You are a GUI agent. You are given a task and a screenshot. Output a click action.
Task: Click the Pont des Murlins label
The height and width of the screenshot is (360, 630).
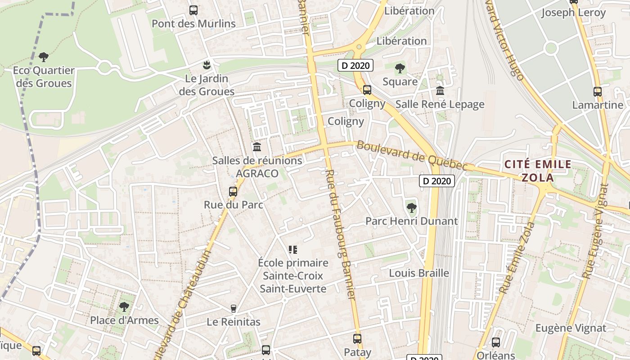click(193, 23)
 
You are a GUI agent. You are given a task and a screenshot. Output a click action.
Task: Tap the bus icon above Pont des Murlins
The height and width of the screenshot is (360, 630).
click(193, 10)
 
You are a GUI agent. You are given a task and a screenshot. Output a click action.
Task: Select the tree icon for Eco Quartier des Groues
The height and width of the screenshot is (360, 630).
click(44, 57)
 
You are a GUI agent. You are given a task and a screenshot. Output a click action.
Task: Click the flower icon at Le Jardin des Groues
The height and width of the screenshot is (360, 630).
click(207, 65)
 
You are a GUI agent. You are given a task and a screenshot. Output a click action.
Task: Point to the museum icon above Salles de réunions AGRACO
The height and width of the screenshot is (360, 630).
click(257, 147)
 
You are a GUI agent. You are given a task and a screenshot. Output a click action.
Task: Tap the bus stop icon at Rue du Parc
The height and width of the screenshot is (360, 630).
click(233, 191)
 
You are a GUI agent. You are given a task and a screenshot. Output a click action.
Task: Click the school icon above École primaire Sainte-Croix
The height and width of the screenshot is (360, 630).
click(293, 249)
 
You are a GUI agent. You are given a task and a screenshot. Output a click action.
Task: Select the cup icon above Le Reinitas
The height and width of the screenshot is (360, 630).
click(233, 308)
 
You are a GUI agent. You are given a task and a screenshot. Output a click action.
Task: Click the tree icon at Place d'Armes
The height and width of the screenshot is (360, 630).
click(124, 307)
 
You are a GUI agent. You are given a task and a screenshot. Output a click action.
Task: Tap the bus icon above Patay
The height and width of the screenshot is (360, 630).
click(357, 338)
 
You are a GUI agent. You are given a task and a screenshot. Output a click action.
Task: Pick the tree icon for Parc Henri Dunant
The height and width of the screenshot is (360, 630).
click(411, 207)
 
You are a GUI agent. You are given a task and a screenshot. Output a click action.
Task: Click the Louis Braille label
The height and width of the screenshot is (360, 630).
click(419, 273)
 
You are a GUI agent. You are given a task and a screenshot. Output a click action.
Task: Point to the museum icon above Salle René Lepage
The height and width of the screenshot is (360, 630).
click(440, 90)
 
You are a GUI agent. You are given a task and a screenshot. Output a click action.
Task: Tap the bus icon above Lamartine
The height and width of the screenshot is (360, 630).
click(597, 92)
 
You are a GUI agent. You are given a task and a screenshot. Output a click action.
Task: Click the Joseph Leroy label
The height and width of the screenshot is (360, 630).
click(573, 13)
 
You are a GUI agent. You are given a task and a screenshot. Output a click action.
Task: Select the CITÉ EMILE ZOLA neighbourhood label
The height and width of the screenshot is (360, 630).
click(538, 171)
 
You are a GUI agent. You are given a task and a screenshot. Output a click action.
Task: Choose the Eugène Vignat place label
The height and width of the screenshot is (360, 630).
click(571, 328)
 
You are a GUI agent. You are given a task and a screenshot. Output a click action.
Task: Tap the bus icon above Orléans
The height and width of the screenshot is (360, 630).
click(495, 342)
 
